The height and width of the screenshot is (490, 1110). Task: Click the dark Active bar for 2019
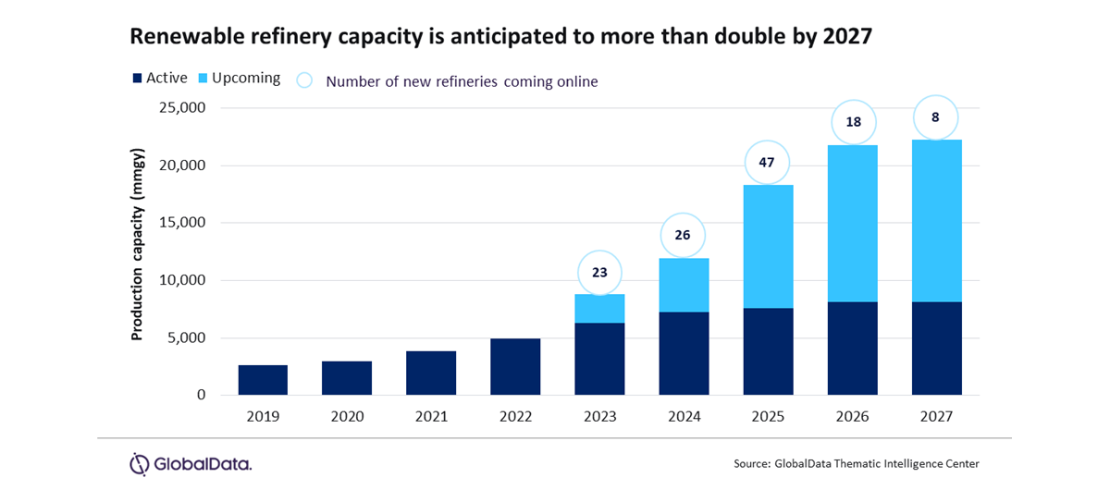click(263, 380)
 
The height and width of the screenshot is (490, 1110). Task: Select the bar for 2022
click(515, 367)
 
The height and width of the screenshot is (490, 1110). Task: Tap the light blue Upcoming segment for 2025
click(768, 246)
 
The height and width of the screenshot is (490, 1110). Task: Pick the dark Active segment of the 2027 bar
click(936, 349)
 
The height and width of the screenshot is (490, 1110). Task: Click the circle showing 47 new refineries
click(768, 163)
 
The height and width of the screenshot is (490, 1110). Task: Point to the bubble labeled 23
click(599, 273)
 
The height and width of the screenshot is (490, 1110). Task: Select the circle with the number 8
click(936, 118)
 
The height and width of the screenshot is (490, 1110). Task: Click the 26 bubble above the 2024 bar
click(684, 236)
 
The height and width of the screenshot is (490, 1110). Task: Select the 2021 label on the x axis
click(431, 417)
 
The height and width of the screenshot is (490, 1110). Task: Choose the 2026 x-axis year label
click(852, 417)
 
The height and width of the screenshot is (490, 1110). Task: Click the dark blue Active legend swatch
click(137, 79)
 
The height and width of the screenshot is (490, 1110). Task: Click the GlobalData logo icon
click(140, 463)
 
